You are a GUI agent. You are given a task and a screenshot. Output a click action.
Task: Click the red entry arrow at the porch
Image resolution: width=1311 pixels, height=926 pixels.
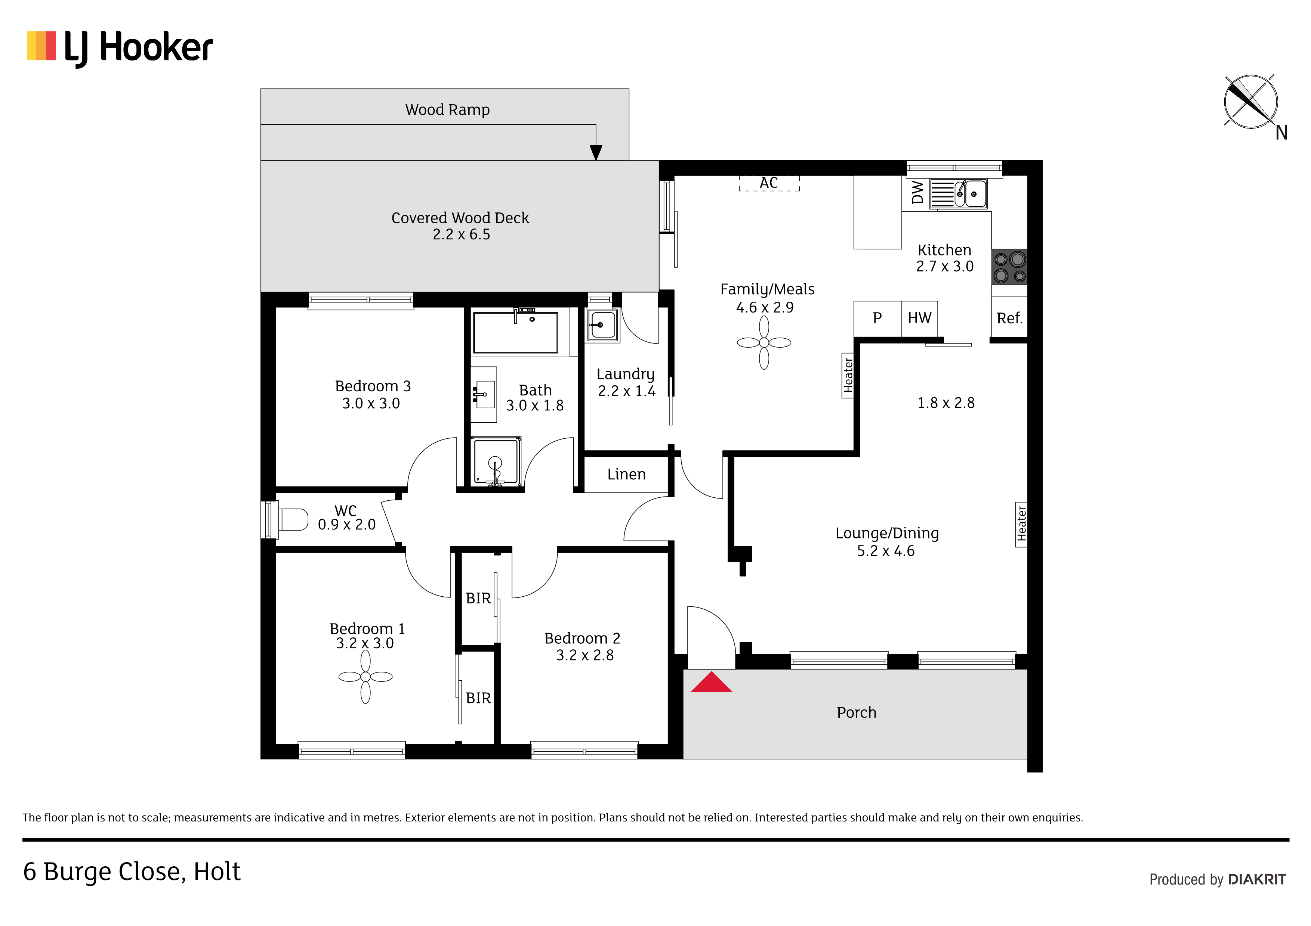[712, 683]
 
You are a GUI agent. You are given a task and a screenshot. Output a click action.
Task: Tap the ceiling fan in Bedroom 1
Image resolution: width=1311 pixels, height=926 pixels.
[365, 677]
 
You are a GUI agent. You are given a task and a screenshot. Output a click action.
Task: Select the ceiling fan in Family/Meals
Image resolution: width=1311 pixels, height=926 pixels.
[764, 342]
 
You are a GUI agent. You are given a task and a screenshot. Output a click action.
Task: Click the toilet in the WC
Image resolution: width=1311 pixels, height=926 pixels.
[293, 519]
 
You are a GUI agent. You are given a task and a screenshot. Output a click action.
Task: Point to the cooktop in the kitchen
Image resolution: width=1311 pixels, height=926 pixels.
[1009, 267]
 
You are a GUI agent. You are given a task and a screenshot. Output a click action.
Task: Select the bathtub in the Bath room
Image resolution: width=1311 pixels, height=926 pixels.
[516, 332]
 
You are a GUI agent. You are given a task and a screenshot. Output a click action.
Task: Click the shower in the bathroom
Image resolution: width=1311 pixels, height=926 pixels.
[495, 461]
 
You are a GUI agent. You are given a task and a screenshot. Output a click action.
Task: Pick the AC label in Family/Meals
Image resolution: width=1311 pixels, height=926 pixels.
[769, 183]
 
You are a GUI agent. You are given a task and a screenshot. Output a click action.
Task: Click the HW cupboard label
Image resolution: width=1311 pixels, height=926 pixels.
[919, 318]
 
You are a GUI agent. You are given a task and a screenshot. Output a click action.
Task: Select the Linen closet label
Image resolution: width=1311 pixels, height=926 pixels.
[626, 474]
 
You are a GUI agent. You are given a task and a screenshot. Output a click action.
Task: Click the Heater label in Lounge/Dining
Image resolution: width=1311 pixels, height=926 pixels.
[1021, 524]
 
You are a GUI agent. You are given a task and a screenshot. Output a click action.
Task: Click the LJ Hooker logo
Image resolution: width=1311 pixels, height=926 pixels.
[120, 47]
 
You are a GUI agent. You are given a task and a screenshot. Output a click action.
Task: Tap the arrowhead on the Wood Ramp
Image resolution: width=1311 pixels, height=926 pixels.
[596, 153]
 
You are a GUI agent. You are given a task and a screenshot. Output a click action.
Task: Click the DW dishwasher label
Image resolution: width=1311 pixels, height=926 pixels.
[917, 192]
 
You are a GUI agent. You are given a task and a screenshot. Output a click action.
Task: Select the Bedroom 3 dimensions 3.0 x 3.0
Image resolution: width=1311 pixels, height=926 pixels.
[371, 403]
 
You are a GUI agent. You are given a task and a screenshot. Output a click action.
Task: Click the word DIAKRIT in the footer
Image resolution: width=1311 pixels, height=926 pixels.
[1257, 879]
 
